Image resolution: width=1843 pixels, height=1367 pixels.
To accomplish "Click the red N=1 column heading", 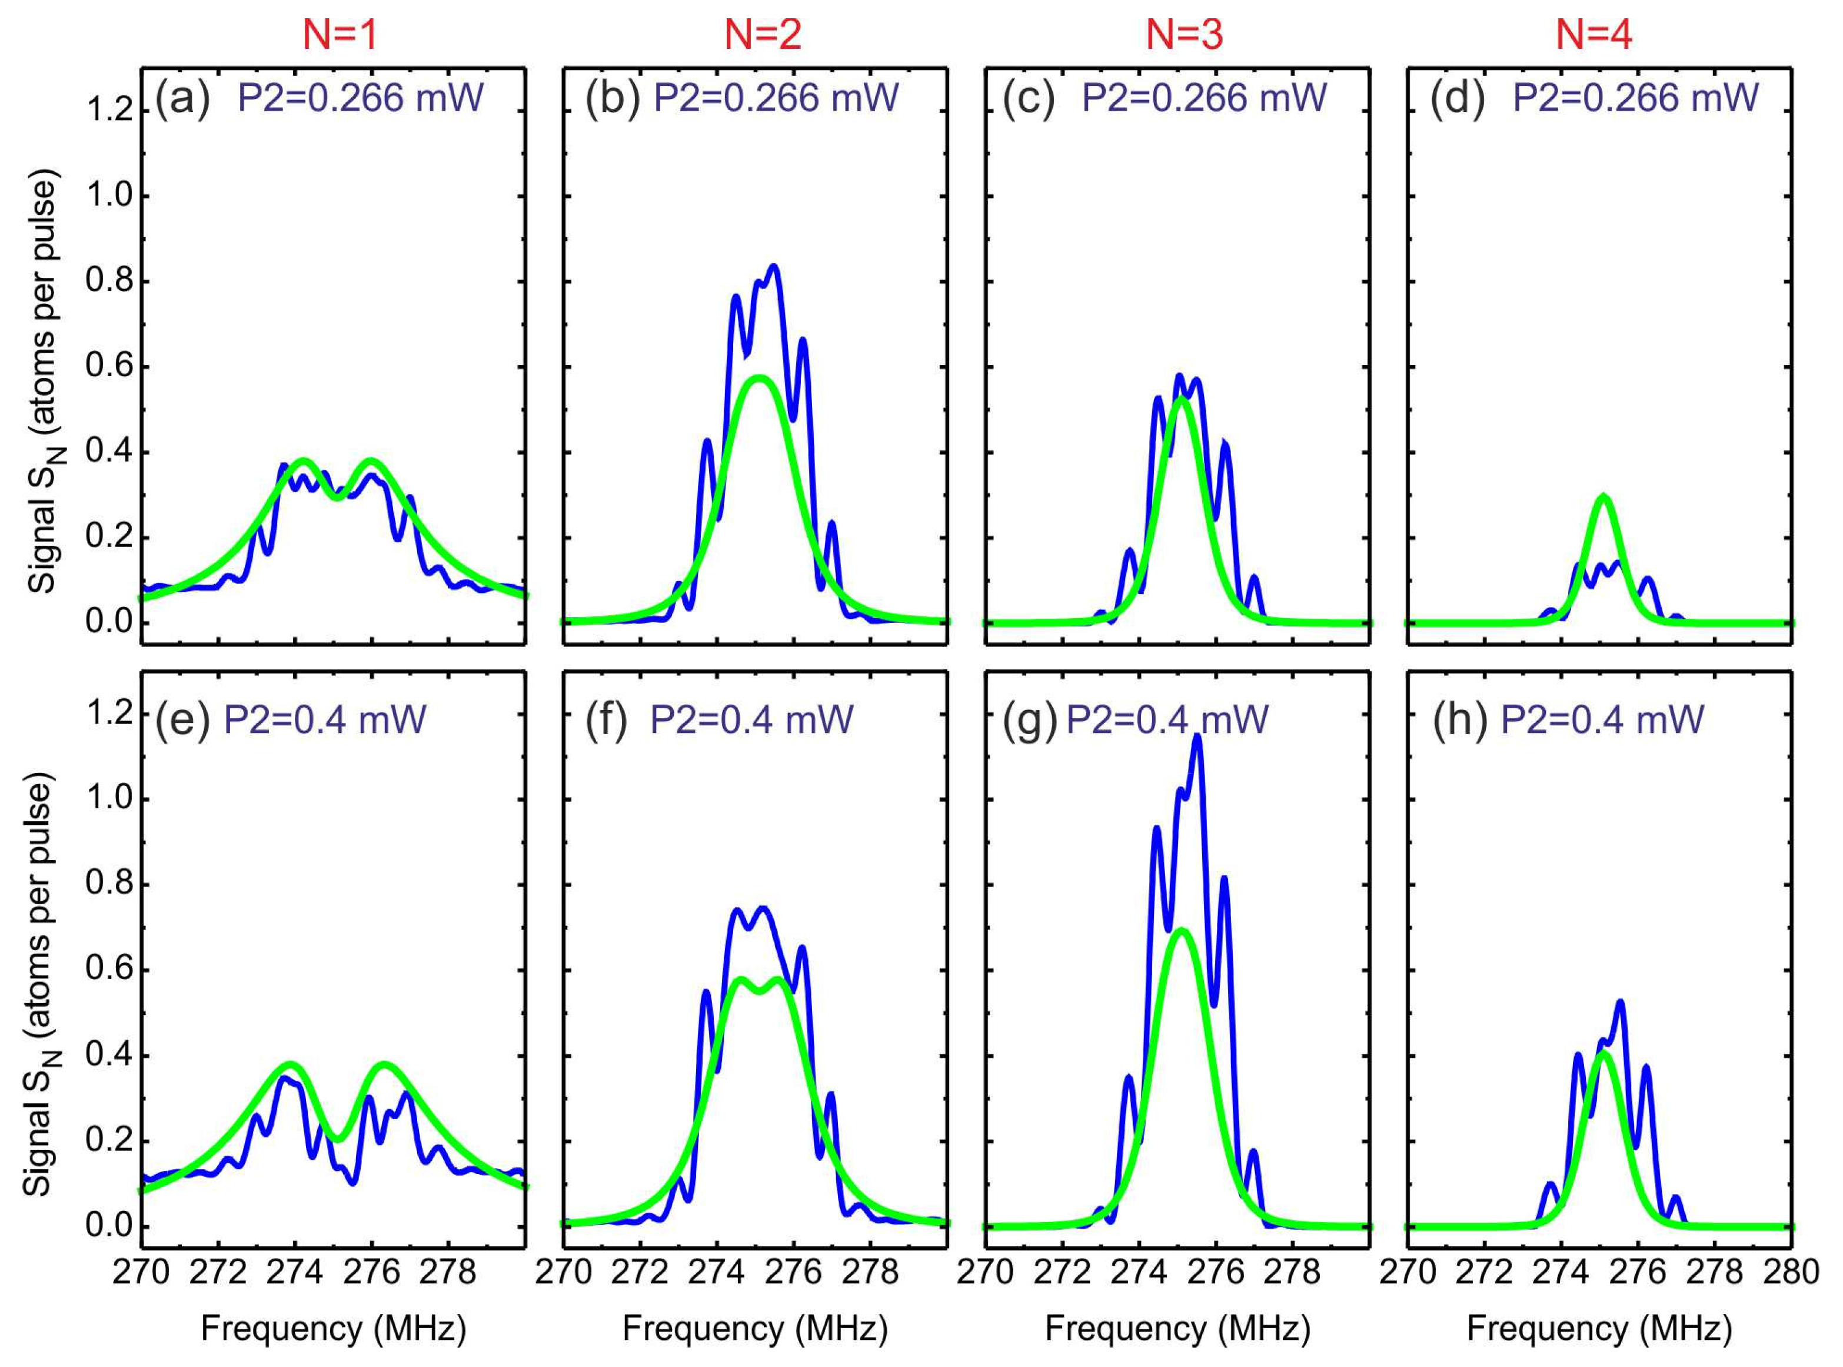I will coord(340,35).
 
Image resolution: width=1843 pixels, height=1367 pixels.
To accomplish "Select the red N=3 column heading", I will coord(1184,35).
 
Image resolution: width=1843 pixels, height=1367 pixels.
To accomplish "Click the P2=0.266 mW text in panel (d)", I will coord(1635,98).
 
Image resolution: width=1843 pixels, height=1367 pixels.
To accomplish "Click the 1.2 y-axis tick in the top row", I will coord(110,110).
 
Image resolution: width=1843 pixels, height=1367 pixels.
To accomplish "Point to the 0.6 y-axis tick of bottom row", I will coord(110,969).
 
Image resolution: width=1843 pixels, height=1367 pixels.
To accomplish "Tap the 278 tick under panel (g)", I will coord(1292,1272).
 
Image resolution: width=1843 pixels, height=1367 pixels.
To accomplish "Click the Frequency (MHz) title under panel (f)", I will coord(754,1328).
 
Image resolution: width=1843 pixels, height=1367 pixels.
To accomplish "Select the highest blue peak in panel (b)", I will coord(774,267).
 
